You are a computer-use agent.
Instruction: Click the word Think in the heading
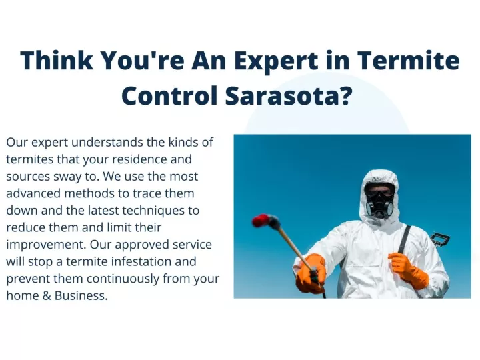(57, 60)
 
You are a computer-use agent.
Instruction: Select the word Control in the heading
(169, 95)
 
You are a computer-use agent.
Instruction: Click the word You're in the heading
(143, 60)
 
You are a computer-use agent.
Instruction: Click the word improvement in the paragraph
(45, 245)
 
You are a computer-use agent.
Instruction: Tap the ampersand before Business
(47, 296)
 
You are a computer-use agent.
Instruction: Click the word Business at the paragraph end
(81, 296)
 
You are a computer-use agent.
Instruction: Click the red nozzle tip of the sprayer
(261, 221)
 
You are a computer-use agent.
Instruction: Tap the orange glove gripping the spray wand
(311, 273)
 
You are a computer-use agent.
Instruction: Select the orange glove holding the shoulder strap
(408, 270)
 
